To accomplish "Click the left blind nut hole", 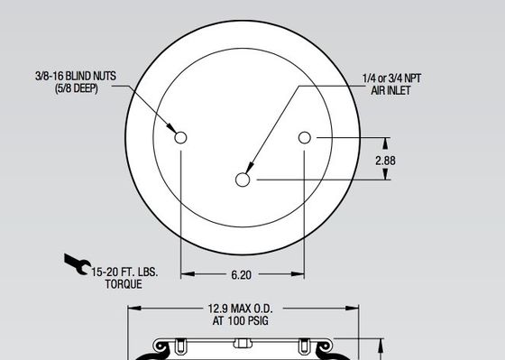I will pos(180,137).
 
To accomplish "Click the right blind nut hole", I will pos(305,137).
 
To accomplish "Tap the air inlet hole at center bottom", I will pos(243,180).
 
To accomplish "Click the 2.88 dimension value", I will pos(386,160).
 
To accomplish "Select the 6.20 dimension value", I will pos(242,273).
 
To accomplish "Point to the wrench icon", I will pos(77,263).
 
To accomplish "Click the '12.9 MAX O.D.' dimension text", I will pos(242,308).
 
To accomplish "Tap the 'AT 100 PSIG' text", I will pos(242,319).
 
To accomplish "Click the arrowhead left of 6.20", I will pos(186,273).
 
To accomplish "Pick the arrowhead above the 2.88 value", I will pos(388,142).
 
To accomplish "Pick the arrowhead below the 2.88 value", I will pos(388,176).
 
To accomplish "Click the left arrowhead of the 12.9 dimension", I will pos(133,308).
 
